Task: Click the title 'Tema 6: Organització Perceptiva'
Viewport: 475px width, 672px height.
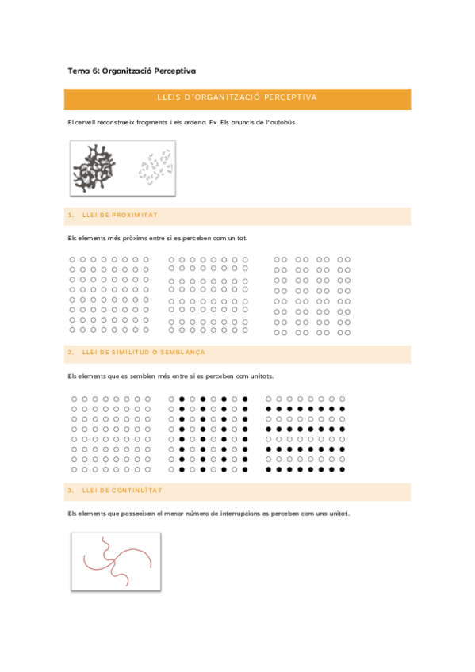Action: pyautogui.click(x=132, y=71)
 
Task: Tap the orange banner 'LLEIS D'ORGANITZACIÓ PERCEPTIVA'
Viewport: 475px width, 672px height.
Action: pyautogui.click(x=237, y=97)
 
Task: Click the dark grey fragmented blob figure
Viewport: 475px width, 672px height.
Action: pyautogui.click(x=94, y=168)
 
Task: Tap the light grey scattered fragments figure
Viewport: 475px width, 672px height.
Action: pyautogui.click(x=155, y=169)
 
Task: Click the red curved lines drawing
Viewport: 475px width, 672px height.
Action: pyautogui.click(x=116, y=560)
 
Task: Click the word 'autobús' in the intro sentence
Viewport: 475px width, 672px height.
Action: pyautogui.click(x=283, y=122)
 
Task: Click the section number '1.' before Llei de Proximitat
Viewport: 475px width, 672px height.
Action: pyautogui.click(x=71, y=215)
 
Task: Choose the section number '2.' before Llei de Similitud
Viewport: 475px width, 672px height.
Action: pyautogui.click(x=71, y=352)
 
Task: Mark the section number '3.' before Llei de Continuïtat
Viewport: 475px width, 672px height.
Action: pyautogui.click(x=71, y=490)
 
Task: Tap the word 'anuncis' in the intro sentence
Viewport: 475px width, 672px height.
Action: pyautogui.click(x=233, y=122)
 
